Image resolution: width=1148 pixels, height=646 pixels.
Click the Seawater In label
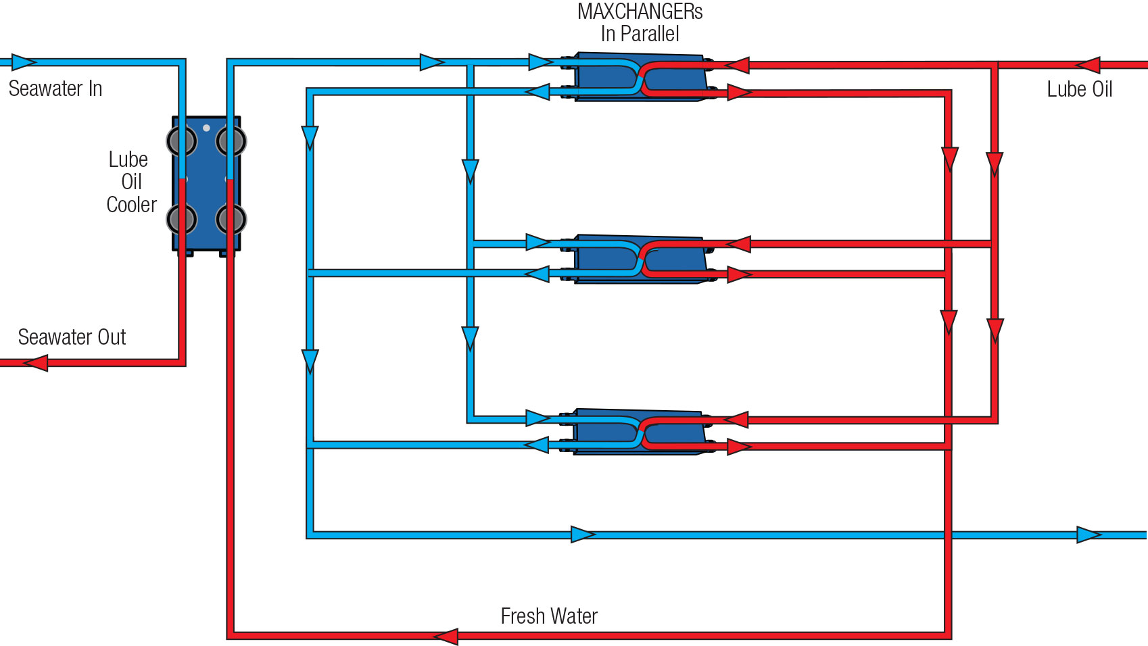click(55, 89)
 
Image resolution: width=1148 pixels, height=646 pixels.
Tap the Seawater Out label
click(72, 337)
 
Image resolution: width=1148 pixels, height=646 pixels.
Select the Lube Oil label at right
click(1079, 89)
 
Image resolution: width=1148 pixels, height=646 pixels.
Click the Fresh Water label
click(549, 616)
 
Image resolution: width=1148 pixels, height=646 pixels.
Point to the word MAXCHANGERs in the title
click(640, 11)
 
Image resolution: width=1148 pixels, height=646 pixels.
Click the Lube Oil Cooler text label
click(130, 182)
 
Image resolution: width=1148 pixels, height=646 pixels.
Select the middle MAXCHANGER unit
click(639, 259)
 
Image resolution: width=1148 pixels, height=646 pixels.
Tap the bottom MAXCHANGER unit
click(639, 432)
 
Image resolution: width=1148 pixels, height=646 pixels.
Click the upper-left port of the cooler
click(181, 141)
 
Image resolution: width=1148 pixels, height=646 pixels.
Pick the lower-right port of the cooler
click(231, 220)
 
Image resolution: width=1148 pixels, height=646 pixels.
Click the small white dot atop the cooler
click(206, 128)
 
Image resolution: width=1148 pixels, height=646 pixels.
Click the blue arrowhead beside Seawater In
click(24, 62)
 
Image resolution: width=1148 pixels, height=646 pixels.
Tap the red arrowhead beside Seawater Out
click(36, 363)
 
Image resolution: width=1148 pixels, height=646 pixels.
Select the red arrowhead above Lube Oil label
click(1087, 65)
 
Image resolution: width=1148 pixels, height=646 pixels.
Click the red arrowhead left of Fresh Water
click(446, 636)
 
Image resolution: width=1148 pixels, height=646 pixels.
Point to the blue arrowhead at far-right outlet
click(1089, 535)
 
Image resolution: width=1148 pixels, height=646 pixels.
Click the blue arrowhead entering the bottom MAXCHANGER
click(538, 418)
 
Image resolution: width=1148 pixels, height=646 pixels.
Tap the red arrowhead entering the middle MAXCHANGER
click(738, 244)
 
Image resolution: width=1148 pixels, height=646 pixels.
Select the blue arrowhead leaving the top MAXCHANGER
click(537, 91)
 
